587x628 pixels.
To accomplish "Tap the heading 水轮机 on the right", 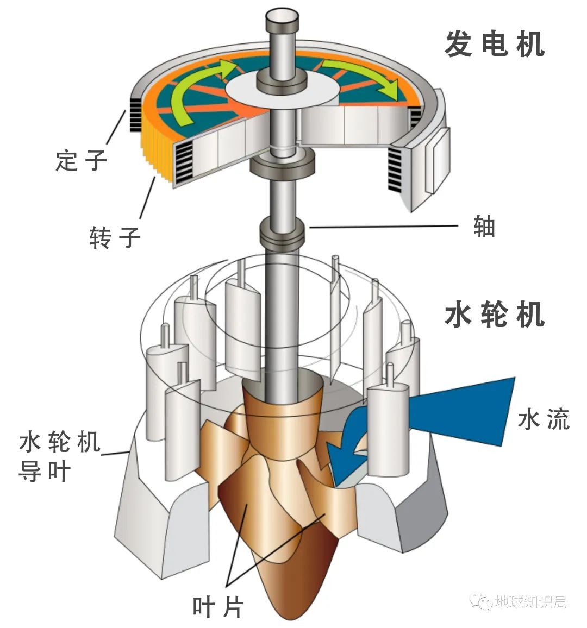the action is (x=495, y=315).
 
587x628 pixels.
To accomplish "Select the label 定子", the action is (x=82, y=160).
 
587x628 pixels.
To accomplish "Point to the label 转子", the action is (x=115, y=237).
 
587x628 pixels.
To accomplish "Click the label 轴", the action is (x=484, y=227).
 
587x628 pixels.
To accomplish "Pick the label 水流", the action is (x=544, y=420).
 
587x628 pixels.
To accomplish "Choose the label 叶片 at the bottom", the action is (x=218, y=606).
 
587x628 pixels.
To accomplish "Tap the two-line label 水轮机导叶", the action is (x=59, y=456).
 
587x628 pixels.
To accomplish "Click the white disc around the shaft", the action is (x=283, y=90).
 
